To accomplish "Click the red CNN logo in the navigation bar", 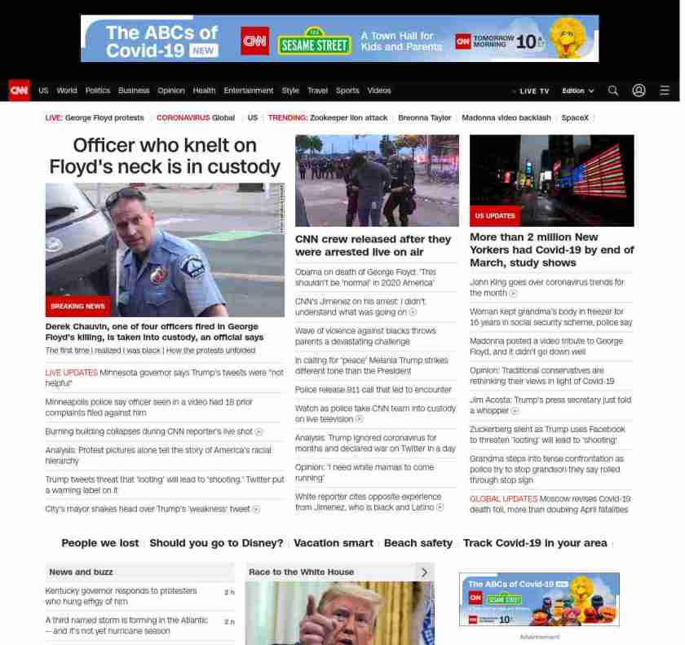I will coord(19,91).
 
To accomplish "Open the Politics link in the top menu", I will coord(98,91).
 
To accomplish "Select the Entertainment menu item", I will coord(249,91).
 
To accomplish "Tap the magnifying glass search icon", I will coord(613,91).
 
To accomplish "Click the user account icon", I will coord(639,91).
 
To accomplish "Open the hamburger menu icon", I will coord(665,91).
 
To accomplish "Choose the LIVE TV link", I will coord(533,91).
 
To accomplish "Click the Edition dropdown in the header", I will coord(577,91).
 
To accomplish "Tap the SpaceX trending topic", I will coord(575,117).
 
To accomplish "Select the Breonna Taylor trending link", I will coord(424,117).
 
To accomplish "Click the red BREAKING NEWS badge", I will coord(77,306).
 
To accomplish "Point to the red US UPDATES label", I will coord(495,216).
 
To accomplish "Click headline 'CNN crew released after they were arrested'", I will coord(373,245).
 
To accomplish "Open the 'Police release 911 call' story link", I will coord(373,390).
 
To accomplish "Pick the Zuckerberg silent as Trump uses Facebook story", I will coord(547,435).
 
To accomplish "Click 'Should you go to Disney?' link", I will coord(216,543).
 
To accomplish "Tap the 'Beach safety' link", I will coord(418,543).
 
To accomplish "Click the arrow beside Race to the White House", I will coord(424,572).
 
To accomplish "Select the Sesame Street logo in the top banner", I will coord(315,44).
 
